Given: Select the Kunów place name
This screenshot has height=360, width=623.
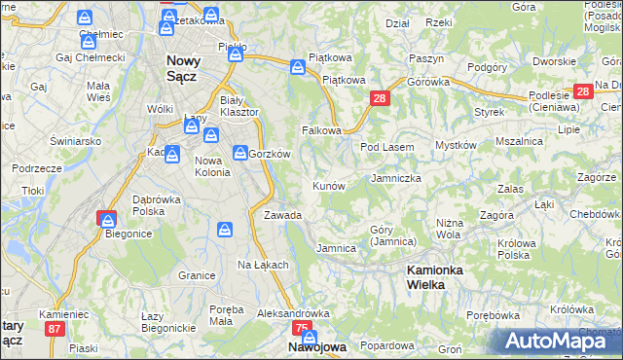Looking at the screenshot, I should click(328, 185).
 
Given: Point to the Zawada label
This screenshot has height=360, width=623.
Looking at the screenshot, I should click(282, 215).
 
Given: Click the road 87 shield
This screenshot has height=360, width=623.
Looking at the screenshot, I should click(54, 330).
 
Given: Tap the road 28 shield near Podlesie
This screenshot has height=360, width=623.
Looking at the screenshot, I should click(582, 92).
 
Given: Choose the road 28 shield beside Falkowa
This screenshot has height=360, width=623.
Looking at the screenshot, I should click(380, 98).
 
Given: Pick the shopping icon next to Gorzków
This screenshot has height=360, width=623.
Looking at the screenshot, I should click(239, 152).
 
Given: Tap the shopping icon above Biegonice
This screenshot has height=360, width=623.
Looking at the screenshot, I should click(107, 219).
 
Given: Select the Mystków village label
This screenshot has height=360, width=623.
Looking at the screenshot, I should click(455, 145).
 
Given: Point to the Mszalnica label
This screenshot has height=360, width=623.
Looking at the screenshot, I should click(518, 141).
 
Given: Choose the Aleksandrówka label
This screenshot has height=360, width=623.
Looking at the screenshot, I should click(293, 314).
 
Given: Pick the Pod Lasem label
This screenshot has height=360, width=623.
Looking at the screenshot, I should click(387, 147).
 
